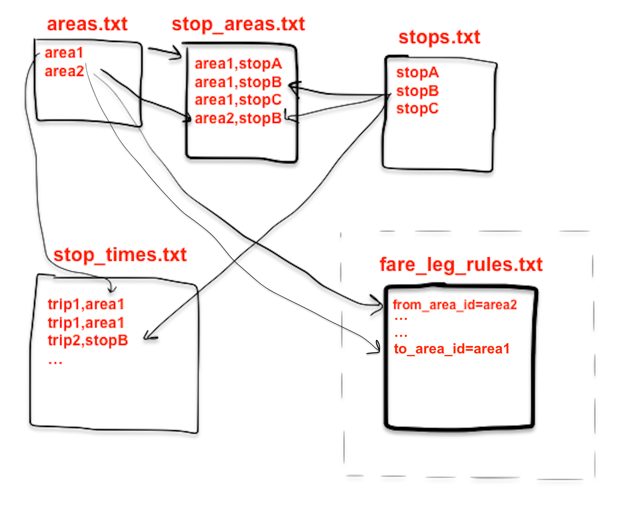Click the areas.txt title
[x=87, y=24]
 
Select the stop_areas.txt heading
[x=238, y=24]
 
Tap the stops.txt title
[x=439, y=37]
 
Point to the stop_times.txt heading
[x=120, y=255]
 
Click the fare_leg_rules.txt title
[x=460, y=264]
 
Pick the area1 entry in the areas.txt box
[x=64, y=53]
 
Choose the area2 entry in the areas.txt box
[x=64, y=72]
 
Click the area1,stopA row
[x=238, y=64]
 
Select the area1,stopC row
[x=238, y=100]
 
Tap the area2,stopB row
[x=238, y=118]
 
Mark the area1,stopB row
[x=238, y=82]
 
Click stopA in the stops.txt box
[x=417, y=72]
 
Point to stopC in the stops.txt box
[x=417, y=108]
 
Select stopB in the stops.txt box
[x=417, y=91]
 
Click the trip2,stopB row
[x=87, y=340]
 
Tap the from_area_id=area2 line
[x=455, y=305]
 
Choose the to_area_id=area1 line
[x=451, y=349]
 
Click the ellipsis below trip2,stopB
[x=55, y=361]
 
